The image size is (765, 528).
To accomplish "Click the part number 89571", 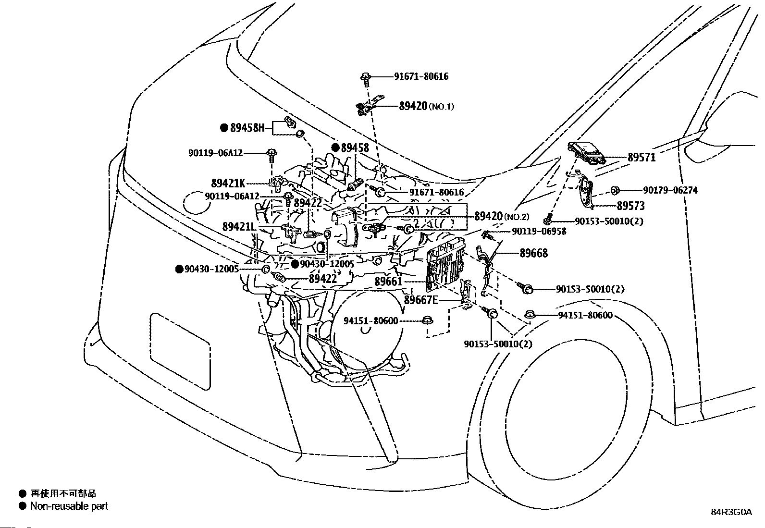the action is click(642, 157).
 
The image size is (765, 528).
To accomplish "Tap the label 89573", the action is click(631, 206).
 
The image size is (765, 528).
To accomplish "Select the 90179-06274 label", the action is click(670, 190).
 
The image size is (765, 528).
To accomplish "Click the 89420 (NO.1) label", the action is click(427, 106).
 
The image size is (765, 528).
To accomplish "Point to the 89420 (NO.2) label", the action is click(502, 216).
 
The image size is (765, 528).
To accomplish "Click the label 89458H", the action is click(247, 128).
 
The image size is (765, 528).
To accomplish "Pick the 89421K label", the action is click(228, 184).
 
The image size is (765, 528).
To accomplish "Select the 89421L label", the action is click(239, 226).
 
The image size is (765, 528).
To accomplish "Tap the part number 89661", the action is click(388, 282).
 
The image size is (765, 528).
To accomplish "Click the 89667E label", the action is click(421, 300).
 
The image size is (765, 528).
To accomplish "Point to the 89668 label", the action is click(534, 253).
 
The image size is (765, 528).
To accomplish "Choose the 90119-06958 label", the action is click(539, 232).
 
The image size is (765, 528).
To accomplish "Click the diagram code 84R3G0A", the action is click(731, 512).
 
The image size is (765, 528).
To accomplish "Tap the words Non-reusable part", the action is click(69, 506).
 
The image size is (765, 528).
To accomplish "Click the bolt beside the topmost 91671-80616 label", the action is click(365, 78).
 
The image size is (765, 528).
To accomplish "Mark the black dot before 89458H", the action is click(224, 128).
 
